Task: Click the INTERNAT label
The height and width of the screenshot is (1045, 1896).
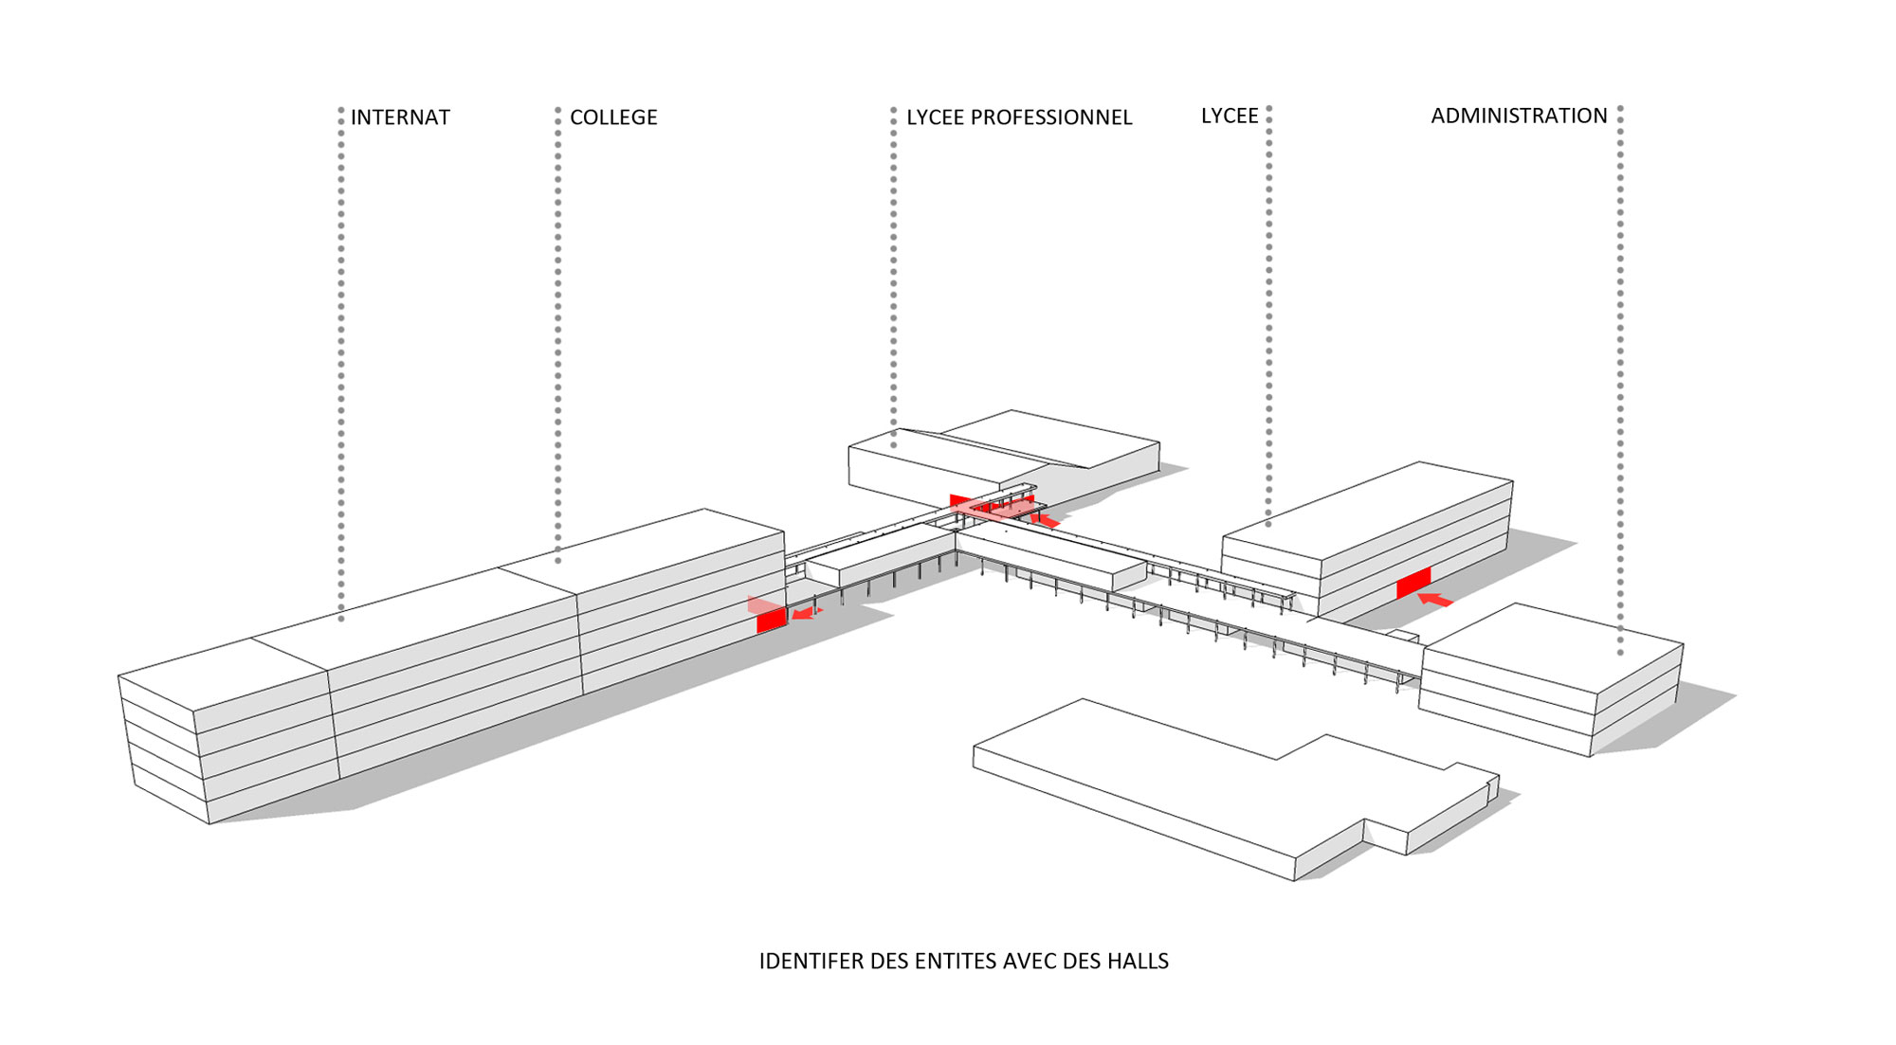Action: (400, 117)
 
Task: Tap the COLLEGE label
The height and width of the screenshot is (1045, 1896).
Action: (613, 117)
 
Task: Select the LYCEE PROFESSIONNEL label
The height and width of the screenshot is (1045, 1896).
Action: (1019, 117)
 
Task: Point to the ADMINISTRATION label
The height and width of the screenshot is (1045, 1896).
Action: (1519, 116)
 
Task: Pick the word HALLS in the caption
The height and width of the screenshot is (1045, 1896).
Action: (1137, 961)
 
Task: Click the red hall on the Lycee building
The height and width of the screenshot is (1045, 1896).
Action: (1413, 583)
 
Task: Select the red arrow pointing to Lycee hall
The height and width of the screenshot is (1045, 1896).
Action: (1435, 600)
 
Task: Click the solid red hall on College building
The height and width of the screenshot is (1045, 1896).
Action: (771, 621)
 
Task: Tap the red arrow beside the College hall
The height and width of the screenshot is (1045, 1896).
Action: (805, 614)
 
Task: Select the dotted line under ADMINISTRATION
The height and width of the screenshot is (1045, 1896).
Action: (1620, 379)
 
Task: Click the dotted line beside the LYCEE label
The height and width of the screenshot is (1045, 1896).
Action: (1268, 313)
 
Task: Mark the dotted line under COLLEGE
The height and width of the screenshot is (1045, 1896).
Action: (558, 332)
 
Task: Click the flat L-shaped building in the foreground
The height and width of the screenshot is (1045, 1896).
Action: (1232, 777)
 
